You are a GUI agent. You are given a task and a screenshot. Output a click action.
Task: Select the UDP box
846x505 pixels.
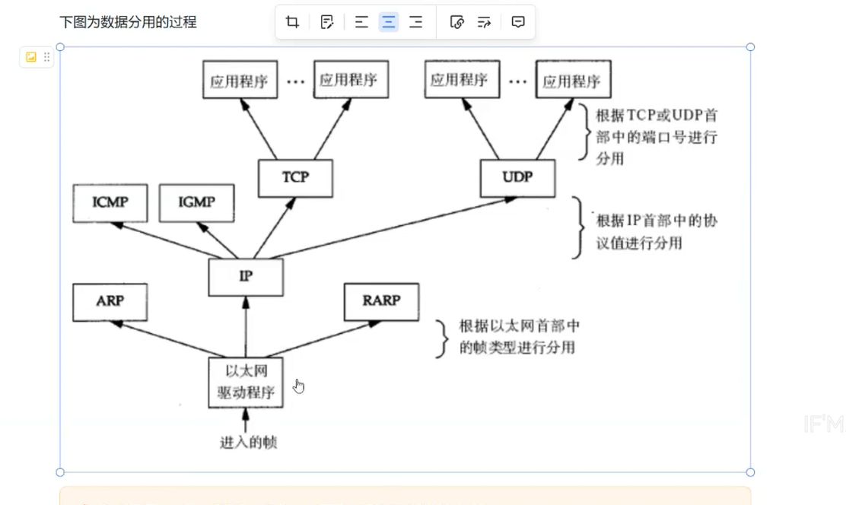517,177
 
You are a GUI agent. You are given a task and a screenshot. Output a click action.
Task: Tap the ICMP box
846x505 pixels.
110,202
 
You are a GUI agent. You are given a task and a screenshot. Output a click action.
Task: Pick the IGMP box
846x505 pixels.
196,202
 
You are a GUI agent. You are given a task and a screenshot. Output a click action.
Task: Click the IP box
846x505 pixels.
246,277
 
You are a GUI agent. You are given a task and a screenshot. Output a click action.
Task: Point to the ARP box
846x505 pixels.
110,301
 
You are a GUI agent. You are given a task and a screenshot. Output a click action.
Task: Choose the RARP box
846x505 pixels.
380,301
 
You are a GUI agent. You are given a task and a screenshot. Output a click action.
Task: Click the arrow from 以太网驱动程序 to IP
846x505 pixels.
246,326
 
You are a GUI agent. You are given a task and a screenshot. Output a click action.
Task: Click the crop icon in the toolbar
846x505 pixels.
292,22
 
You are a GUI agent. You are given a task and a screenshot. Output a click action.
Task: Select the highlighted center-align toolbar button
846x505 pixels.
389,22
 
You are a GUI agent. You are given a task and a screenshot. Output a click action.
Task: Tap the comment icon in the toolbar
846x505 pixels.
518,22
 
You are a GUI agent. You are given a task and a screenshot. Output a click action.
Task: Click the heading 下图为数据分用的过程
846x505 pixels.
128,22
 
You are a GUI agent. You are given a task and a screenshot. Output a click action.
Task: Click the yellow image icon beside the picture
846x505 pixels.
31,57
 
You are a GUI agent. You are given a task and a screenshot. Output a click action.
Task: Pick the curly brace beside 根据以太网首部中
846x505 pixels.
441,338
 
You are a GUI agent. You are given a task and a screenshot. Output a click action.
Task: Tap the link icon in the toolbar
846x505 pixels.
457,22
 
